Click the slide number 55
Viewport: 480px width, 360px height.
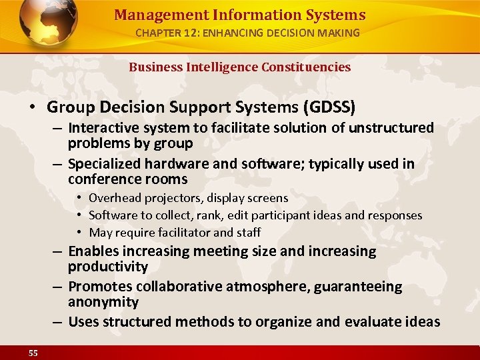tap(33, 353)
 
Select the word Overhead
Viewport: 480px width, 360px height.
tap(113, 198)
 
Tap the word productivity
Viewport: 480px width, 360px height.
tap(108, 267)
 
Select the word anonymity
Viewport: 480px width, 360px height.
tap(103, 302)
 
